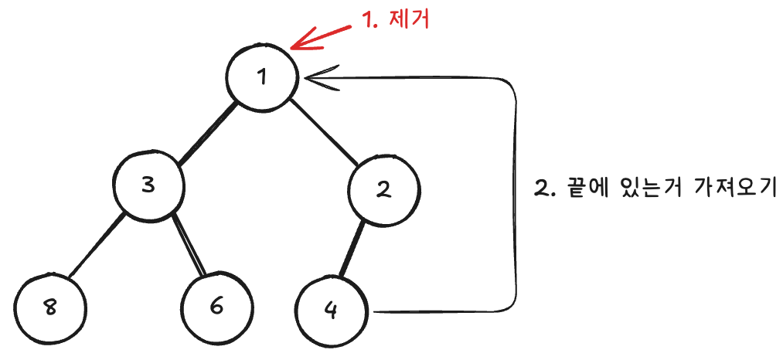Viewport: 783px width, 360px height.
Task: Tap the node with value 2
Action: click(383, 190)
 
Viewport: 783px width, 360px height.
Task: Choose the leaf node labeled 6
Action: click(216, 307)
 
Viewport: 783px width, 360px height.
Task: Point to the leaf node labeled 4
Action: click(332, 311)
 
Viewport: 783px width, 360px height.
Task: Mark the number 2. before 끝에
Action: click(543, 188)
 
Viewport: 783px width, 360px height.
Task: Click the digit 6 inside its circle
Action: click(216, 307)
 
